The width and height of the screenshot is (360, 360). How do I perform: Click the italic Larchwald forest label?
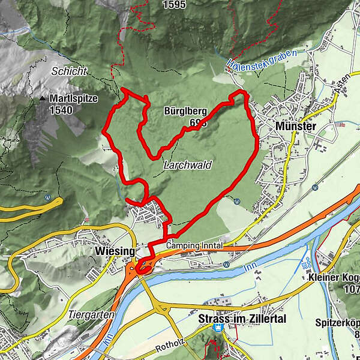(187, 165)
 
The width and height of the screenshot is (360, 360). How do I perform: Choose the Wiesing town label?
(111, 251)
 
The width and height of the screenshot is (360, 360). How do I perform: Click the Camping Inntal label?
(194, 246)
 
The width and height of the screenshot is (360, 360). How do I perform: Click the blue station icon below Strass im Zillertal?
(219, 329)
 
